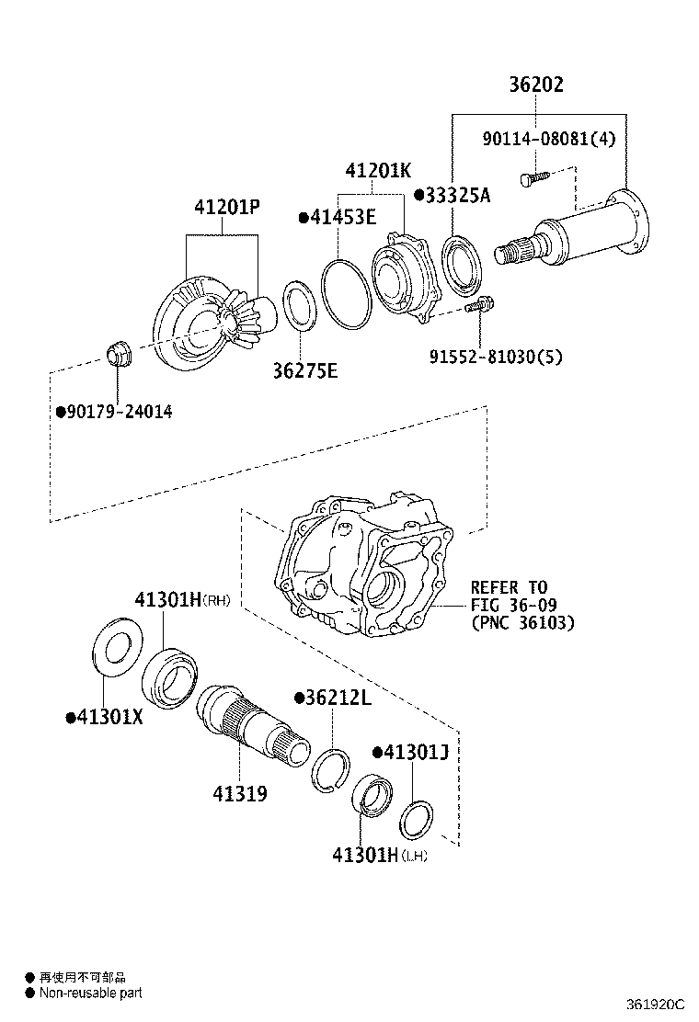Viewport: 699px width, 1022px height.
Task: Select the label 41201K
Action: pyautogui.click(x=378, y=171)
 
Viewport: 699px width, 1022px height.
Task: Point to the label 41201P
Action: pyautogui.click(x=226, y=209)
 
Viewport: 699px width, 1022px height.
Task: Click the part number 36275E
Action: pyautogui.click(x=304, y=370)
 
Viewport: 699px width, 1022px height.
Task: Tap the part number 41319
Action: pyautogui.click(x=240, y=792)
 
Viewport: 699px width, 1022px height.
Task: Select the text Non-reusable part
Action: pyautogui.click(x=90, y=993)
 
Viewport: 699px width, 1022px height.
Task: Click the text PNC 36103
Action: pyautogui.click(x=522, y=623)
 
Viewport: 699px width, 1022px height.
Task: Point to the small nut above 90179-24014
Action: pyautogui.click(x=119, y=353)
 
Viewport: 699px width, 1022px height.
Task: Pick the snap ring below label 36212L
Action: pyautogui.click(x=330, y=770)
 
